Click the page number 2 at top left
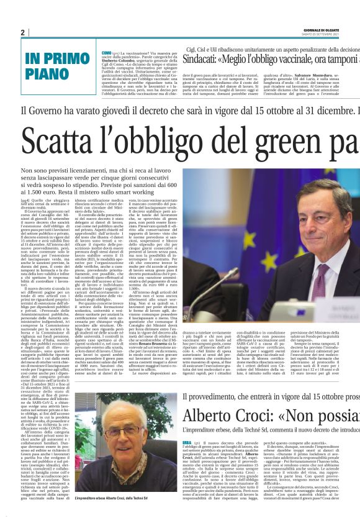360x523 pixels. (23, 32)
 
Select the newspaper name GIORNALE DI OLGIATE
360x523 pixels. (341, 30)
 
